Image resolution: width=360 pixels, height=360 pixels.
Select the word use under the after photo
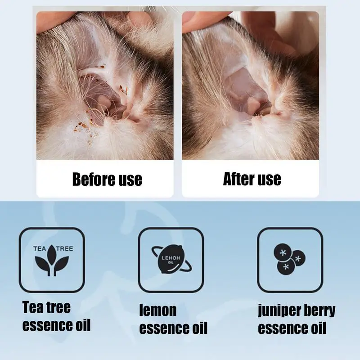pos(269,179)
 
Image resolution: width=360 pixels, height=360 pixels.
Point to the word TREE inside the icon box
pos(64,248)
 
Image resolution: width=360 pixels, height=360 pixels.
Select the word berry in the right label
pos(319,310)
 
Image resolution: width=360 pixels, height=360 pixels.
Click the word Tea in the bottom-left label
pos(33,307)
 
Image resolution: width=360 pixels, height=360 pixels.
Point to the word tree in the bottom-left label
pos(58,307)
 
